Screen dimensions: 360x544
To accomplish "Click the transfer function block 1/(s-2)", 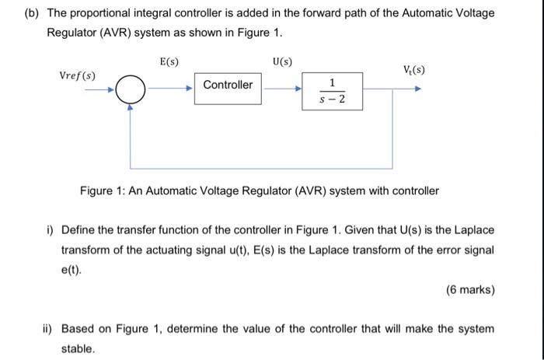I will (x=332, y=91).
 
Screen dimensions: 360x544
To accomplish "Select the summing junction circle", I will (x=131, y=89).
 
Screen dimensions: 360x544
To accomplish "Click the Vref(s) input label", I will (x=78, y=75).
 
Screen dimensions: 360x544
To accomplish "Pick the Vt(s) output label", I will (x=413, y=71).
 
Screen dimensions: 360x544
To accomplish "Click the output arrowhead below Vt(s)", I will (x=419, y=89).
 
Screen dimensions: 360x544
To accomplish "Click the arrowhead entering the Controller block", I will (x=190, y=89).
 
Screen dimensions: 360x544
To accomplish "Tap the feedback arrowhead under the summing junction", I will (x=131, y=108).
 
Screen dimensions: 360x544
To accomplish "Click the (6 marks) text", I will (x=470, y=290).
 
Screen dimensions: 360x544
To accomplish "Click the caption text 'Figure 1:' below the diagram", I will (x=103, y=190).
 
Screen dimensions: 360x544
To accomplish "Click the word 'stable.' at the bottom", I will (x=78, y=348).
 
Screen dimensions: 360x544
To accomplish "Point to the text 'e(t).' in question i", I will (x=71, y=271).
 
